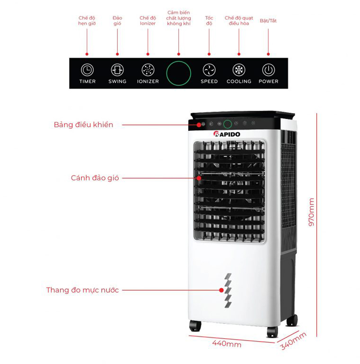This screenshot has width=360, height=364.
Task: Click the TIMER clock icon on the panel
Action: coord(87,70)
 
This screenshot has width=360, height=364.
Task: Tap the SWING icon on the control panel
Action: coord(117,70)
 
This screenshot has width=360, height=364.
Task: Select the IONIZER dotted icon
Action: coord(148,70)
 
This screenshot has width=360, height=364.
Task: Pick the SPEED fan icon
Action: coord(209,70)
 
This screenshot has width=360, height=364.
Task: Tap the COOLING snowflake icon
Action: coord(239,70)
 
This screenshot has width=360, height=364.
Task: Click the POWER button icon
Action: coord(269,70)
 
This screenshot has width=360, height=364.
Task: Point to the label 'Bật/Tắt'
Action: coord(268,21)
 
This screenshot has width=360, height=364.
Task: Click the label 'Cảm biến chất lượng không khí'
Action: coord(179,18)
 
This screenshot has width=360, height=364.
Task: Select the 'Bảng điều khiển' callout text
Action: coord(84,125)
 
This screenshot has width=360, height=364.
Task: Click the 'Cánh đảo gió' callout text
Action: coord(94,178)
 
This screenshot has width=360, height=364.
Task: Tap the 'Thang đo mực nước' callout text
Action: coord(82,290)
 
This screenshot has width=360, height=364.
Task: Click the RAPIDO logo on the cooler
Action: coord(227,134)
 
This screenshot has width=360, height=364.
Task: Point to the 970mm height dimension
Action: coord(311,212)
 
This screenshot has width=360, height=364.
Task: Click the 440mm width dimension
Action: coord(226,343)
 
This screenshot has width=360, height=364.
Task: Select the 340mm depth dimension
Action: coord(293,341)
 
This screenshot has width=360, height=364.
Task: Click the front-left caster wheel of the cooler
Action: coord(195,325)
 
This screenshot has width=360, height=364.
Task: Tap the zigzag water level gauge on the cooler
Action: coord(228,291)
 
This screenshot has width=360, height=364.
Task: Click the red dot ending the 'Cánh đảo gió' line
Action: coord(199,178)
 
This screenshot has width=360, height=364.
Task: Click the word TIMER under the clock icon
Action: coord(87,81)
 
